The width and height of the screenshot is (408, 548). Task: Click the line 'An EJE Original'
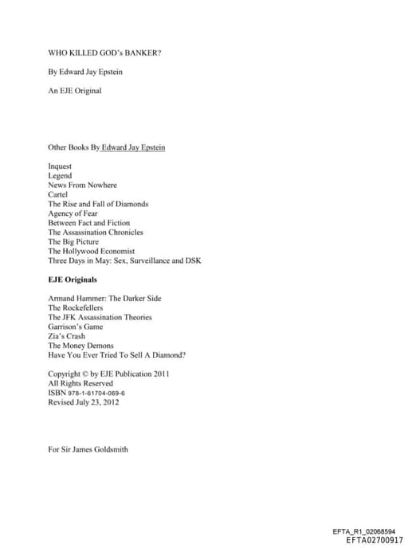(75, 91)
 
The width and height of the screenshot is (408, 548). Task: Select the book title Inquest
(61, 166)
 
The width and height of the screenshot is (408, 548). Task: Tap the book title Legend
(60, 175)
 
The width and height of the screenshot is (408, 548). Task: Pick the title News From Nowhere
(82, 185)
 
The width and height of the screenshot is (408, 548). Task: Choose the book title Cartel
(58, 194)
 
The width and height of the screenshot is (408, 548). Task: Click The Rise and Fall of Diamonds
(98, 204)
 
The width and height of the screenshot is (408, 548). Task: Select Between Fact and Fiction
(88, 223)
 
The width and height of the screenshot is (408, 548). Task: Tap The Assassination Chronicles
(96, 233)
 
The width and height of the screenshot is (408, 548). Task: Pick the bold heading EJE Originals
(73, 280)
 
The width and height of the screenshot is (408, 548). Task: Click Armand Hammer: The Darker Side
(104, 298)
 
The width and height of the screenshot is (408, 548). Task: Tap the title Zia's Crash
(67, 336)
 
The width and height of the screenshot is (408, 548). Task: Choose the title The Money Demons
(80, 346)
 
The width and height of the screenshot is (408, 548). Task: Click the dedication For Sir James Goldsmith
(88, 449)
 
